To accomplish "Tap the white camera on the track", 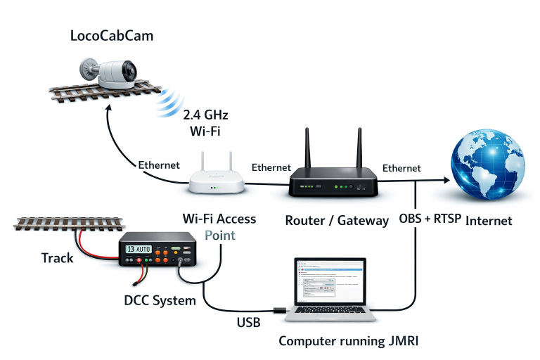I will (112, 72).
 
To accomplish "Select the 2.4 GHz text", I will (206, 115).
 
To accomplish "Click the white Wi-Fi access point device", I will (216, 184).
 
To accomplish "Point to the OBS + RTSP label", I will (430, 219).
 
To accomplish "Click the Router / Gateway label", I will (337, 220).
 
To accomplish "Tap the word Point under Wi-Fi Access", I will (220, 235).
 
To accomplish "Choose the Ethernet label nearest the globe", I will (401, 168).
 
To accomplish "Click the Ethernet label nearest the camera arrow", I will (159, 165).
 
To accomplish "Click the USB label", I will (249, 322).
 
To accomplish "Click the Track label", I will (58, 258).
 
